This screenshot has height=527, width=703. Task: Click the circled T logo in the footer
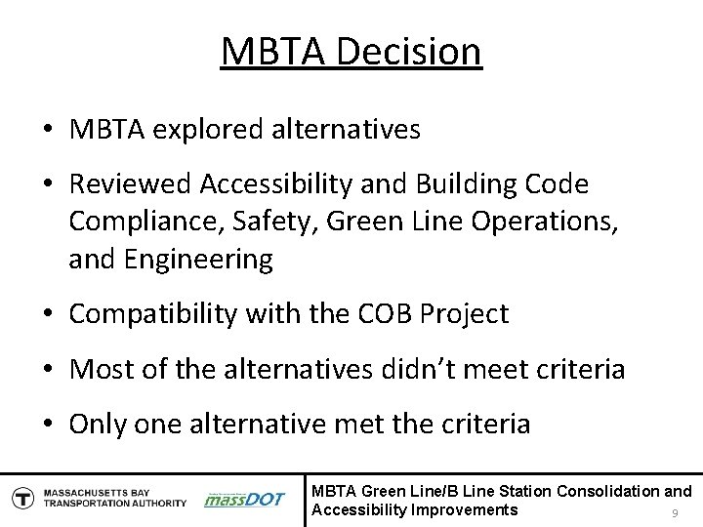(21, 498)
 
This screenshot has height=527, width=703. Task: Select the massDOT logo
(244, 499)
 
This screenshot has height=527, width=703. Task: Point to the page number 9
(674, 513)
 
